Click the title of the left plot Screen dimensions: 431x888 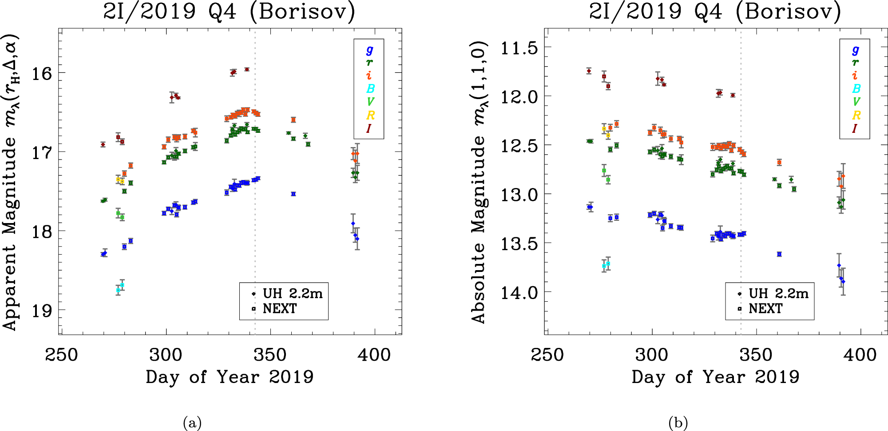[x=229, y=12]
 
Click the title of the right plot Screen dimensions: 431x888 [x=715, y=12]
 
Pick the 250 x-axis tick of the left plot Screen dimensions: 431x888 [x=61, y=355]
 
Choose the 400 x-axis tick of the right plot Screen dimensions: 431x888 [x=860, y=355]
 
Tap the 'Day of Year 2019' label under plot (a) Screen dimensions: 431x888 [x=229, y=377]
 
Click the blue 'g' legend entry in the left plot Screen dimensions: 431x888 [x=369, y=50]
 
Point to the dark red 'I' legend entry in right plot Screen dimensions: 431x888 [x=855, y=129]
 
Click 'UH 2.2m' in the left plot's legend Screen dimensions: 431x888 [x=292, y=294]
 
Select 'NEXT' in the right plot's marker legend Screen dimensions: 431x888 [x=765, y=308]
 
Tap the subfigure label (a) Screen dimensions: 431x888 [x=192, y=423]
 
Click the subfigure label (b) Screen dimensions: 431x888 [x=678, y=423]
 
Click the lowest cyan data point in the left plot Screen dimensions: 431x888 [x=118, y=290]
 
